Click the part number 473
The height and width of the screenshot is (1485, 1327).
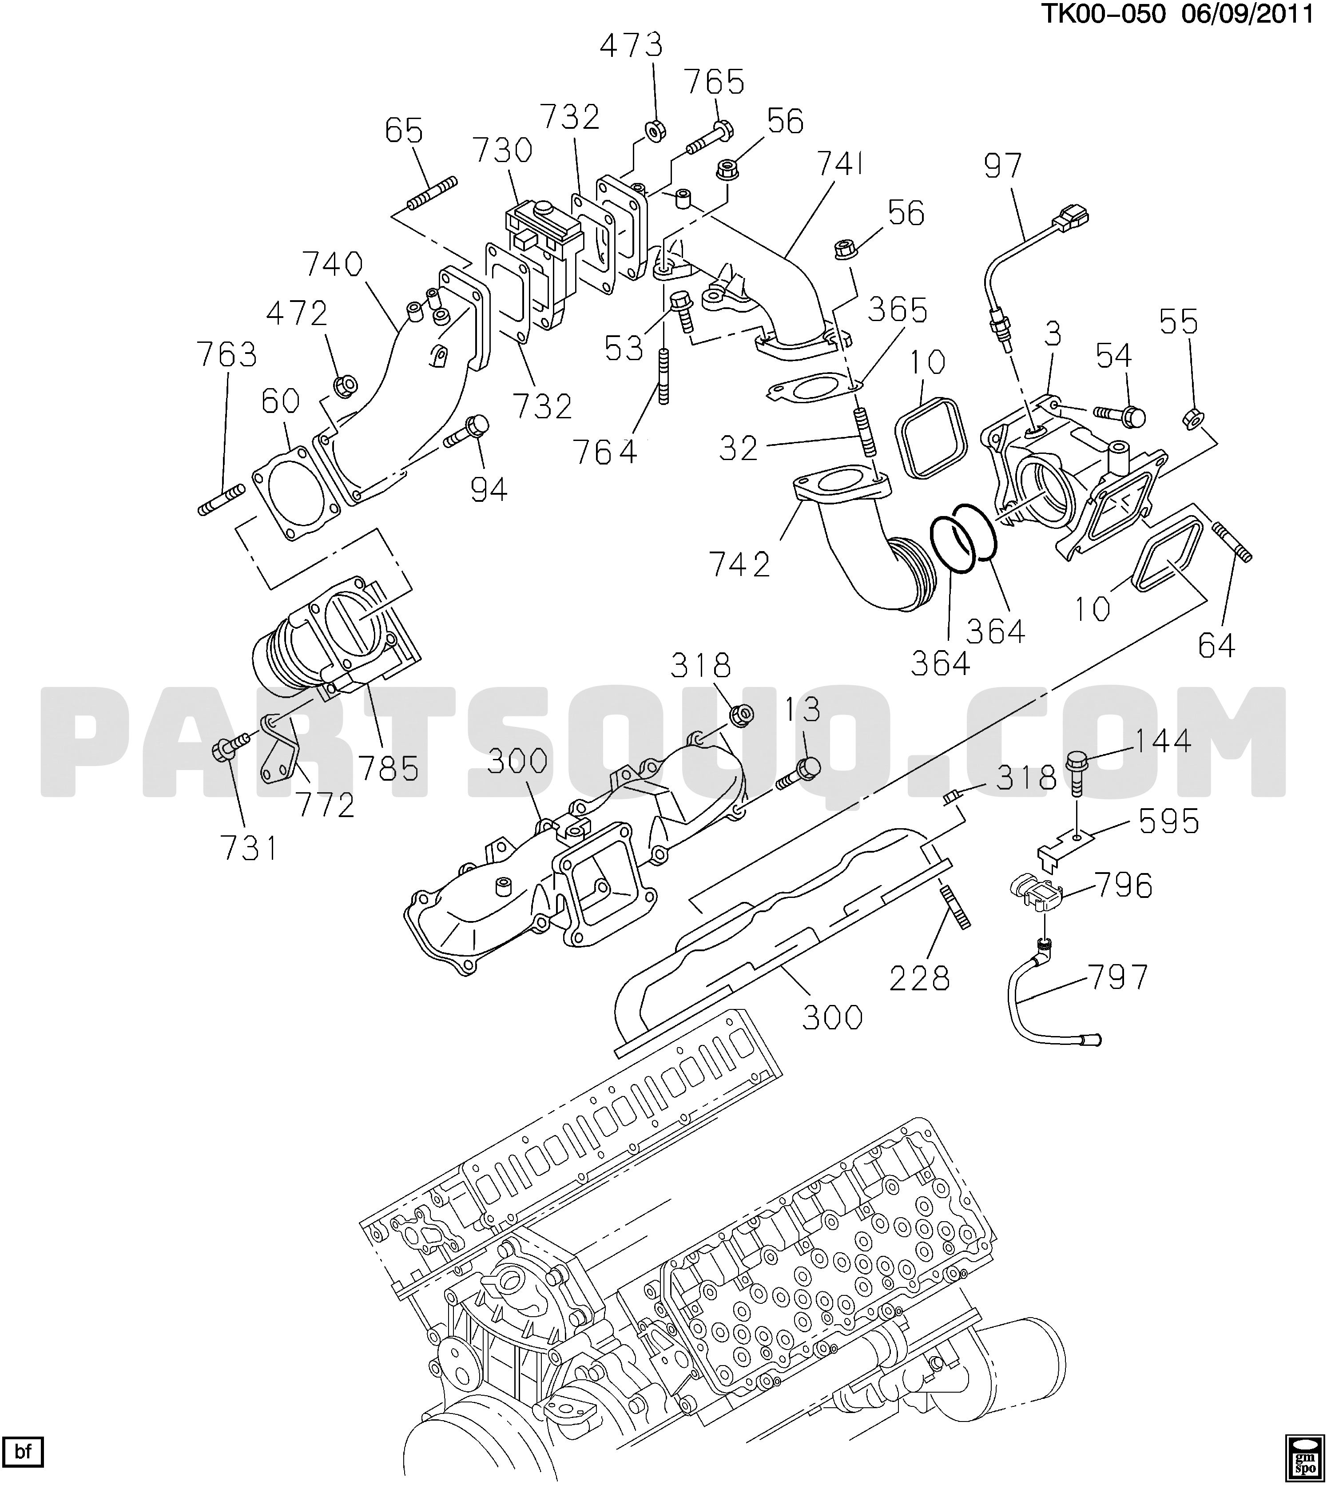click(632, 46)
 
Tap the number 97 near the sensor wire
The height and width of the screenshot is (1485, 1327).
click(1003, 166)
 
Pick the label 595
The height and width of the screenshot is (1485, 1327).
click(1169, 822)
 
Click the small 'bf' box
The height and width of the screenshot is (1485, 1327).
click(24, 1451)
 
